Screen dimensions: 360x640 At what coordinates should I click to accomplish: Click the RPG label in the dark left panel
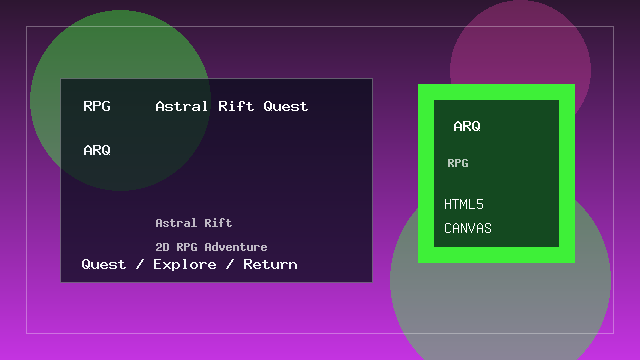coord(97,106)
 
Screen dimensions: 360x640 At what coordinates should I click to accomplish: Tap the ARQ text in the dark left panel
coord(97,150)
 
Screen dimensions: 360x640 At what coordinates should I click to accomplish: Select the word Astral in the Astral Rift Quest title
coord(180,106)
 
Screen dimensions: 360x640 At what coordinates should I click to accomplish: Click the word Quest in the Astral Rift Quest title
coord(286,106)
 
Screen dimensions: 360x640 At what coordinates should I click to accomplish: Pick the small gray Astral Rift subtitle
coord(194,223)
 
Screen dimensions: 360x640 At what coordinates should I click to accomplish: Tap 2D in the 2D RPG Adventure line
coord(162,247)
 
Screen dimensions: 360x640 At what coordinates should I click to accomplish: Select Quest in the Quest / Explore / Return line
coord(104,265)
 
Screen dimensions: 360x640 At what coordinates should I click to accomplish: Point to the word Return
coord(270,265)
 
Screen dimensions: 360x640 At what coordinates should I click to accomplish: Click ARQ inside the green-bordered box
coord(467,127)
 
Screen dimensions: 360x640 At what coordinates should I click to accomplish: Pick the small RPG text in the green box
coord(458,163)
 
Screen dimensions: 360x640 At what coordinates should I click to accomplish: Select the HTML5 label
coord(464,205)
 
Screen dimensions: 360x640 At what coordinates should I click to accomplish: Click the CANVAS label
coord(468,229)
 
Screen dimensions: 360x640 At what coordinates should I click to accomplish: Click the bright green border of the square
coord(425,175)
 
